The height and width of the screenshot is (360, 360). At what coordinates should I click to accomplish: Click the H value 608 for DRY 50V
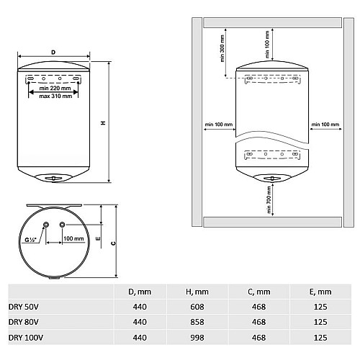click(x=195, y=307)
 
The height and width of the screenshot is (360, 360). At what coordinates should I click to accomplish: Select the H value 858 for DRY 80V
click(x=195, y=322)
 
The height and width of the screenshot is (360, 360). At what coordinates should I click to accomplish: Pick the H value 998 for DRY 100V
click(x=195, y=337)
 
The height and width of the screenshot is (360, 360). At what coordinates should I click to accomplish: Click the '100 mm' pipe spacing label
click(x=73, y=238)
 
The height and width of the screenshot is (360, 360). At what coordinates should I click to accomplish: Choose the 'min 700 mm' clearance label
click(x=268, y=199)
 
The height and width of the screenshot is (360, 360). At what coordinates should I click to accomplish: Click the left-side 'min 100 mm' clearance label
click(x=218, y=125)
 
